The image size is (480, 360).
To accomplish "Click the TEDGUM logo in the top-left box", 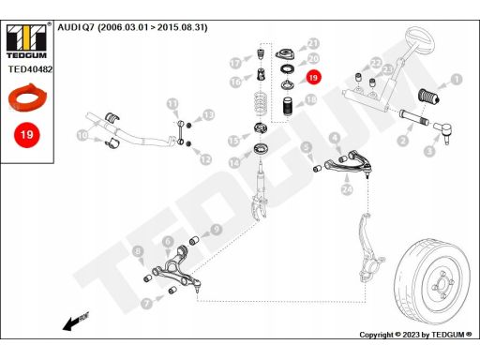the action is pyautogui.click(x=26, y=40).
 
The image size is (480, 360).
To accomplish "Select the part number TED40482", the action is pyautogui.click(x=30, y=69).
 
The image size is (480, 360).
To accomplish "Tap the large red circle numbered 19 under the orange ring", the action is pyautogui.click(x=27, y=135).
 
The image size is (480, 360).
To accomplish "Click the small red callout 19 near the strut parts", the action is pyautogui.click(x=313, y=78).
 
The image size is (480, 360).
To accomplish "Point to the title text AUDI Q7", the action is pyautogui.click(x=76, y=27).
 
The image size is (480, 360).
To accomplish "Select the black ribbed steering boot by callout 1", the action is pyautogui.click(x=429, y=97).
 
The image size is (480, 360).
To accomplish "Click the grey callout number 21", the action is pyautogui.click(x=313, y=44).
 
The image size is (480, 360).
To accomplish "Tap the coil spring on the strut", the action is pyautogui.click(x=260, y=105).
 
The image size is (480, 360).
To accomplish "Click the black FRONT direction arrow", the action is pyautogui.click(x=76, y=321).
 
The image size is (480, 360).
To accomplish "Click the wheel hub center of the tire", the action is pyautogui.click(x=442, y=284).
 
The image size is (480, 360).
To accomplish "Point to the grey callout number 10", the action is pyautogui.click(x=82, y=136).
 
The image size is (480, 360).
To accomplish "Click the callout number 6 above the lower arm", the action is pyautogui.click(x=168, y=242).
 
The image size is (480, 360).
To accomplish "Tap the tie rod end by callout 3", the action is pyautogui.click(x=442, y=131).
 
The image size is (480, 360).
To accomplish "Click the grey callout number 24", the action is pyautogui.click(x=347, y=189).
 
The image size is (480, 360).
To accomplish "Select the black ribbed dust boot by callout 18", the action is pyautogui.click(x=288, y=108).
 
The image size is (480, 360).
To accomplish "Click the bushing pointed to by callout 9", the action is pyautogui.click(x=194, y=241).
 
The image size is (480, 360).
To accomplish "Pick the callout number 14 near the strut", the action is pyautogui.click(x=234, y=163).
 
